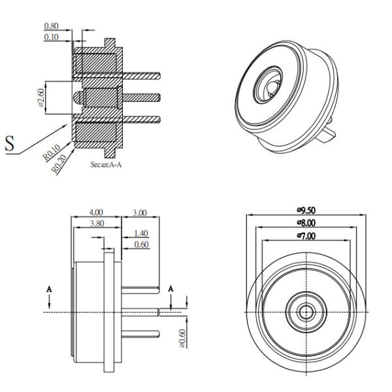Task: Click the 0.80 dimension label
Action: click(x=51, y=26)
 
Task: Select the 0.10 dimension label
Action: click(x=51, y=37)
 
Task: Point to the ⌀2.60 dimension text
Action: click(x=41, y=97)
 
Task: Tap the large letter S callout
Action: click(x=10, y=143)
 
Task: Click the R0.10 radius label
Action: click(x=52, y=152)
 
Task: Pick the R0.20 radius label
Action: click(x=59, y=164)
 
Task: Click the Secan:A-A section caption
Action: click(x=106, y=165)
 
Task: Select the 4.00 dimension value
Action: click(x=96, y=212)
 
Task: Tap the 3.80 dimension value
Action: click(x=97, y=223)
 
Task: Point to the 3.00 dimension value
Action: click(x=140, y=213)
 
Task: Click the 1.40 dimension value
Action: click(x=141, y=233)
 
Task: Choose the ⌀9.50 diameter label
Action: click(x=306, y=210)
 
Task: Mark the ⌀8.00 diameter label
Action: click(x=306, y=223)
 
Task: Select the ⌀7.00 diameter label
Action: click(x=306, y=236)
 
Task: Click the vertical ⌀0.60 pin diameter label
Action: click(x=183, y=338)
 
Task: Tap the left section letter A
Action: click(x=49, y=289)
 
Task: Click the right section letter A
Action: click(x=171, y=289)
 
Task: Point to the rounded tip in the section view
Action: click(x=78, y=98)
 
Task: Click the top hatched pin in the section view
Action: click(x=141, y=76)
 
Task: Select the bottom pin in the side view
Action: click(x=140, y=334)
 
